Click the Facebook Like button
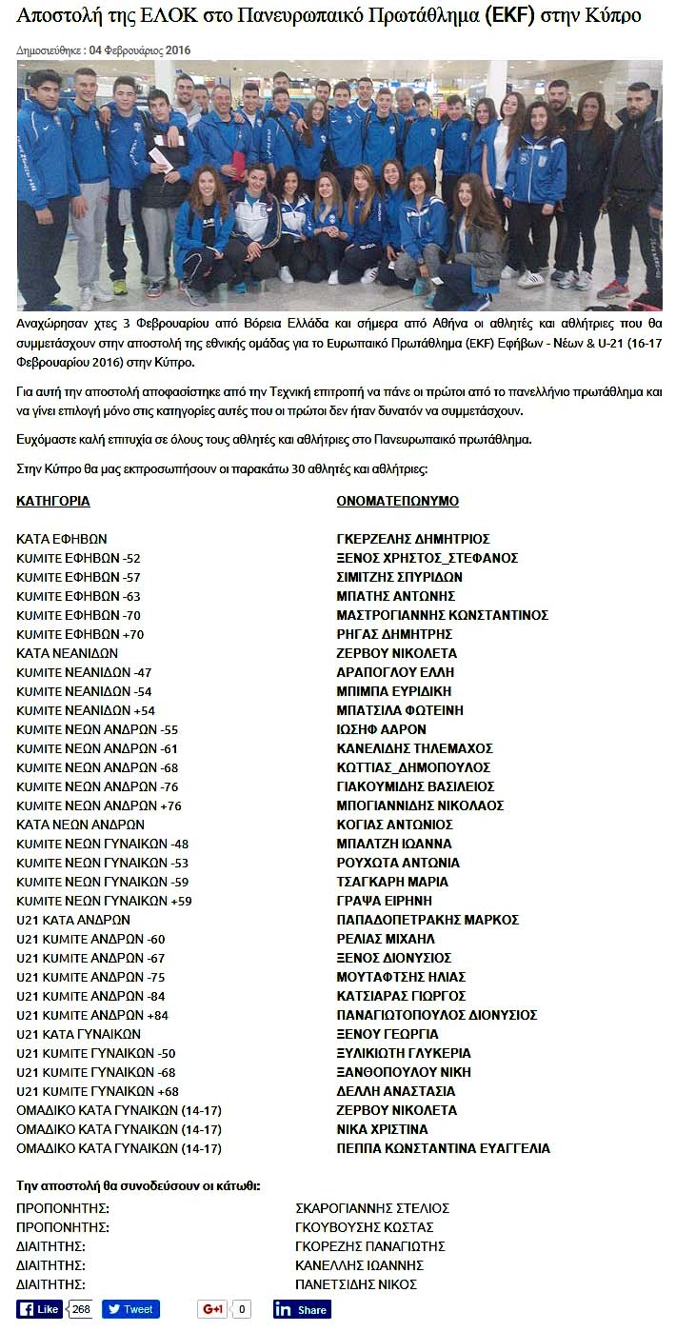40,1309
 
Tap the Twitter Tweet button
130,1309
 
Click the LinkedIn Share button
302,1309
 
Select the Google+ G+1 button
212,1309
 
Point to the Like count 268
81,1309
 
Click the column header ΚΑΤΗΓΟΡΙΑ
53,501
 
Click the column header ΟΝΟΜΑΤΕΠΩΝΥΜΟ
398,501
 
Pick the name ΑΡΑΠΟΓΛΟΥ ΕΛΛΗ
395,672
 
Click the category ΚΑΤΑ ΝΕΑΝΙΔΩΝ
68,653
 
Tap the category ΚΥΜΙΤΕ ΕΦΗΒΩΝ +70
81,634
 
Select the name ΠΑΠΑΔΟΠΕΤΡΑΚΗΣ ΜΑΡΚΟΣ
427,920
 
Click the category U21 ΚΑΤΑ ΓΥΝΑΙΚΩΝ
79,1034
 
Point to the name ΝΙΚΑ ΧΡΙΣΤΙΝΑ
383,1129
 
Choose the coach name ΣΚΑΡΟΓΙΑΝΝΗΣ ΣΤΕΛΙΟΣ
372,1208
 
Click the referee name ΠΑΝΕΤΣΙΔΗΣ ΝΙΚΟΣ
356,1284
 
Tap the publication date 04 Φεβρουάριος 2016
143,49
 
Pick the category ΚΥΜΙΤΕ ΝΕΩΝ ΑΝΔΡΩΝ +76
99,805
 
